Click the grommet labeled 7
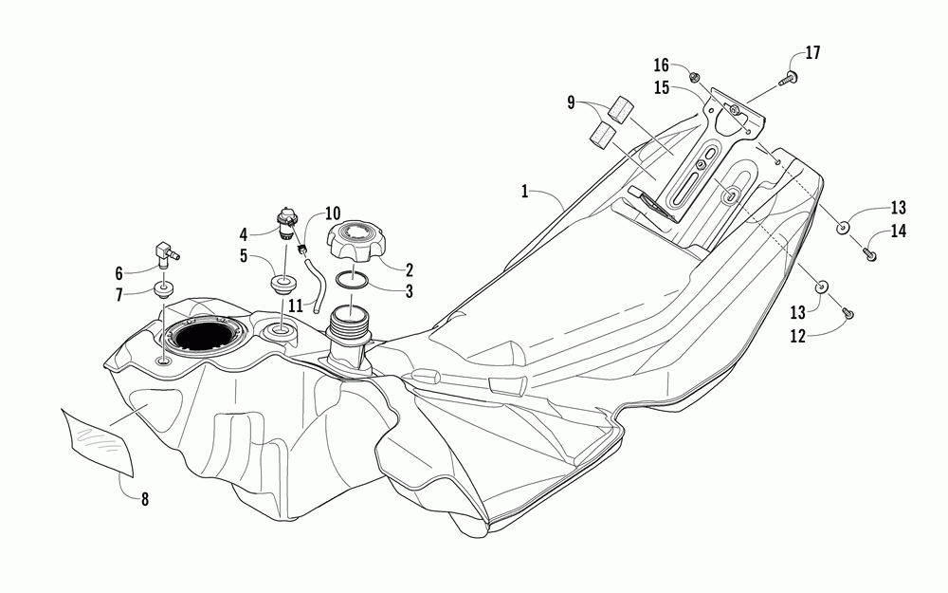tap(164, 289)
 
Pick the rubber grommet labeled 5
tap(282, 283)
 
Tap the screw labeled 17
tap(787, 81)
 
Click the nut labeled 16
tap(692, 75)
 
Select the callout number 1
tap(524, 191)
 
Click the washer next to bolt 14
tap(843, 228)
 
